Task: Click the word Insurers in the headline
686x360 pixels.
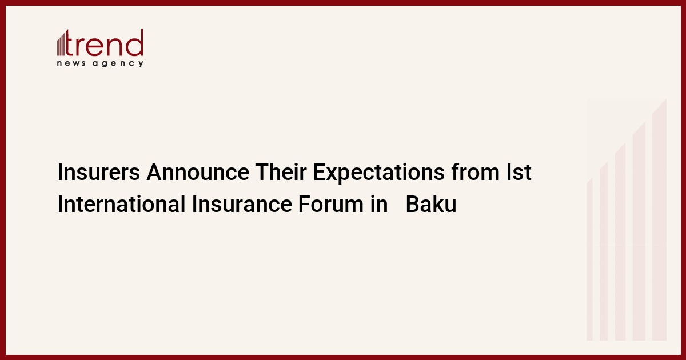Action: [x=98, y=172]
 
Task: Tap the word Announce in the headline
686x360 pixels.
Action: [x=198, y=172]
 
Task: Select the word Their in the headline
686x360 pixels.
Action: [x=281, y=172]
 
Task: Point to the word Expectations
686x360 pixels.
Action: [x=378, y=173]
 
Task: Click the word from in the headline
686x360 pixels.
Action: [x=475, y=172]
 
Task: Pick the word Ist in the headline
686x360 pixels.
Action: [x=519, y=172]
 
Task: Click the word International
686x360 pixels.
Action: [x=121, y=204]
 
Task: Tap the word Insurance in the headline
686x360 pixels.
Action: [x=242, y=204]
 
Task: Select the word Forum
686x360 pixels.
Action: [x=331, y=204]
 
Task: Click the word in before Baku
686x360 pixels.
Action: [x=379, y=204]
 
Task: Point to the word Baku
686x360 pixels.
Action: [x=431, y=204]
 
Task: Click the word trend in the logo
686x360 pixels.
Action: [x=104, y=43]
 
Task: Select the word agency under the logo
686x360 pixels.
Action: [x=118, y=63]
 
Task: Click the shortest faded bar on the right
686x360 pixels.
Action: [x=589, y=259]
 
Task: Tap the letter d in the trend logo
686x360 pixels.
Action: [x=134, y=43]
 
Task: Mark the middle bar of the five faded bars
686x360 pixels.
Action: [x=620, y=242]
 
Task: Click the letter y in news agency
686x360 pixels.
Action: [x=141, y=64]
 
